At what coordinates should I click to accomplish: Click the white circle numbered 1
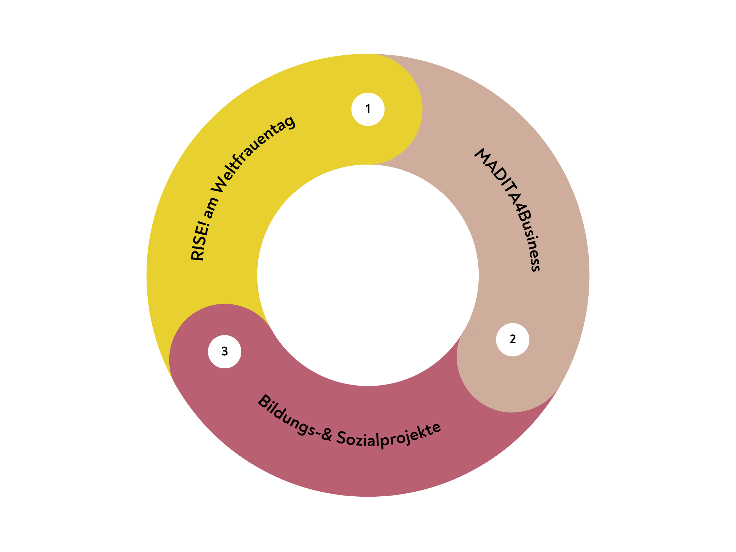[368, 109]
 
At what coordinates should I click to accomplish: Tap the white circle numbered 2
[512, 340]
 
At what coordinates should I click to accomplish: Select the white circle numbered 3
[225, 351]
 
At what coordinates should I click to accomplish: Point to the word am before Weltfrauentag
[210, 208]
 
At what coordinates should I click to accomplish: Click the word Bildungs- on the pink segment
[287, 417]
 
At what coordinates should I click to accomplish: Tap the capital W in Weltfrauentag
[220, 185]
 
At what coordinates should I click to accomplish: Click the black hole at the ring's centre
[368, 275]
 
